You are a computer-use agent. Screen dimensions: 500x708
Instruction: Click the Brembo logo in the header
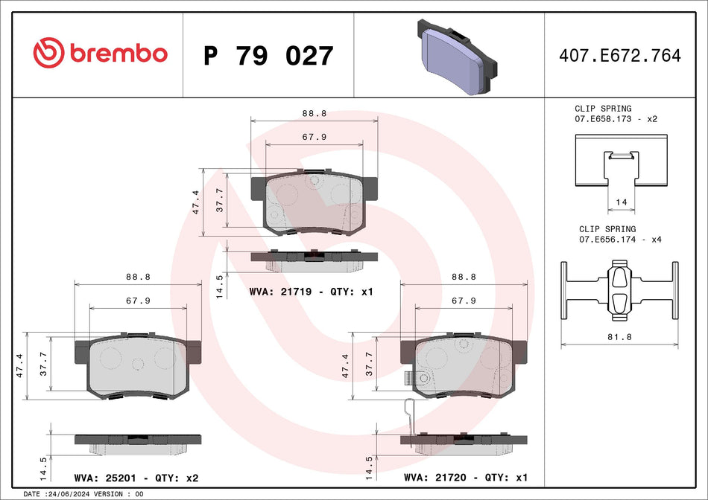point(100,54)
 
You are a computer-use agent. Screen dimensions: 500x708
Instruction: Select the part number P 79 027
point(268,56)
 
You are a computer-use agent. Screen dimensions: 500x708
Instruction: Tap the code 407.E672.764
point(620,56)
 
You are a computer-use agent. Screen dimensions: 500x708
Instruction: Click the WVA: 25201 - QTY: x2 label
point(136,478)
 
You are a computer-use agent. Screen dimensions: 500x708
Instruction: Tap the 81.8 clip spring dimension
point(619,337)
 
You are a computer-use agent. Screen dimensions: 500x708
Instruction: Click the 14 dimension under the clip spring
point(620,202)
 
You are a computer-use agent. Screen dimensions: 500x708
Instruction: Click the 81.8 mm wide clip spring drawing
point(619,290)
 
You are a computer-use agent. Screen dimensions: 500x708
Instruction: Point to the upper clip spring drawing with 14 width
point(620,160)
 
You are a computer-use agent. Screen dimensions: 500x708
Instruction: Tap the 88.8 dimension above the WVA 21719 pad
point(314,114)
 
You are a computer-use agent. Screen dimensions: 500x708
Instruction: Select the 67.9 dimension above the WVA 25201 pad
point(138,301)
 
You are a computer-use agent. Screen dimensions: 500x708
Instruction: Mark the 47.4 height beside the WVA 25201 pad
point(20,366)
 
